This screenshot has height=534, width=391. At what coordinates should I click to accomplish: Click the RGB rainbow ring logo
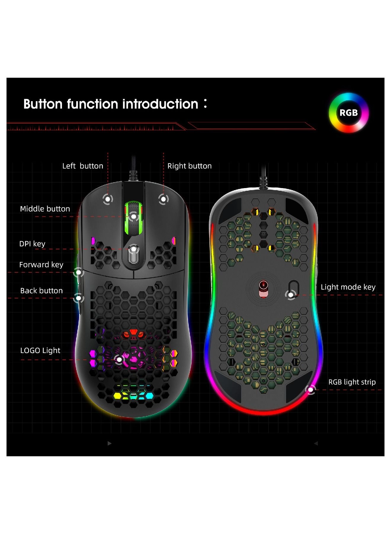[349, 113]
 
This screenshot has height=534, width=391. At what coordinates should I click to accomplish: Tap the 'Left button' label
[83, 166]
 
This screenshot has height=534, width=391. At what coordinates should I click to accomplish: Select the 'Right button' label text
[189, 166]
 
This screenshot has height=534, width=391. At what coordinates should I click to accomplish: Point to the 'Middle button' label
[45, 209]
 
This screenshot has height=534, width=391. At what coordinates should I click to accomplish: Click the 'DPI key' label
[32, 244]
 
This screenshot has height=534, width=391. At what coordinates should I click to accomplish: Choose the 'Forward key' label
[41, 265]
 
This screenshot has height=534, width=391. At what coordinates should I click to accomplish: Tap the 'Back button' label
[41, 291]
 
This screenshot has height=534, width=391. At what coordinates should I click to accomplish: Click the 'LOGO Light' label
[40, 351]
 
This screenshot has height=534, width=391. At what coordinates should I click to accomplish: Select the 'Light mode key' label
[348, 287]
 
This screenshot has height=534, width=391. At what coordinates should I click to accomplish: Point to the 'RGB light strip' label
[352, 382]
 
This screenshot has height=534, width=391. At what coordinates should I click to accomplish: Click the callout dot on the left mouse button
[108, 199]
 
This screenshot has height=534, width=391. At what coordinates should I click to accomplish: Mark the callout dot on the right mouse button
[163, 199]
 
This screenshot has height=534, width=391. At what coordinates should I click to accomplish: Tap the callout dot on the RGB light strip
[311, 390]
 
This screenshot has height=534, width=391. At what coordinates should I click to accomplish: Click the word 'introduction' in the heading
[160, 104]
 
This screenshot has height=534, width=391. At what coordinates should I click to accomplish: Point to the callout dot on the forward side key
[78, 272]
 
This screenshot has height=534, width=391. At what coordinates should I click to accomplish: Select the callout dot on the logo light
[119, 360]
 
